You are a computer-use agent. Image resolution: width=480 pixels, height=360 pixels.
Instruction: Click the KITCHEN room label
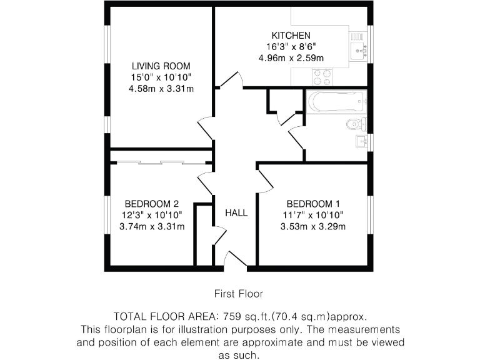tap(290, 36)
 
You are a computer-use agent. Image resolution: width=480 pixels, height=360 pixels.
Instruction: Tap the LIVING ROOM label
tap(161, 66)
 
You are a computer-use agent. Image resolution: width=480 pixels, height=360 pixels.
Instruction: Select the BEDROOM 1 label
tap(312, 204)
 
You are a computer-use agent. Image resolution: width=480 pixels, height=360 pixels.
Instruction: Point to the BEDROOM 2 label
tap(152, 204)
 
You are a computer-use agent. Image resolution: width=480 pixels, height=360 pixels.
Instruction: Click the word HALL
tap(236, 213)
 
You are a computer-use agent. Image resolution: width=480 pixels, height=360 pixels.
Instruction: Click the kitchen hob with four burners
tap(322, 77)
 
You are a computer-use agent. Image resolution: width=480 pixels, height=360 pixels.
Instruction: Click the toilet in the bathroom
tap(356, 123)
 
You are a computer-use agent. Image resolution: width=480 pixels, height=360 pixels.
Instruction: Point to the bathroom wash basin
tap(361, 141)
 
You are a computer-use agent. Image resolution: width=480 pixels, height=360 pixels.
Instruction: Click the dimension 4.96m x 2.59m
tap(291, 58)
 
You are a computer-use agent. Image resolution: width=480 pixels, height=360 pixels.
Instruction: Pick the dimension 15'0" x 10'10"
tap(161, 77)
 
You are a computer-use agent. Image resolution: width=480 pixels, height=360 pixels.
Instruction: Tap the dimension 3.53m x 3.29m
tap(312, 226)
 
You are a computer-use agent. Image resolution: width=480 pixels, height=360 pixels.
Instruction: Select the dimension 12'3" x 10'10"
tap(152, 215)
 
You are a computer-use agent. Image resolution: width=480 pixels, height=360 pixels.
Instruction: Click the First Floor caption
tap(239, 293)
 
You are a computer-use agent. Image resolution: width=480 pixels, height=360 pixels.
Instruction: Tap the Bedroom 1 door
tap(264, 179)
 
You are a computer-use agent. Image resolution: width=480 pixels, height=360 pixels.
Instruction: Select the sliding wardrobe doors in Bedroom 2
tap(161, 163)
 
